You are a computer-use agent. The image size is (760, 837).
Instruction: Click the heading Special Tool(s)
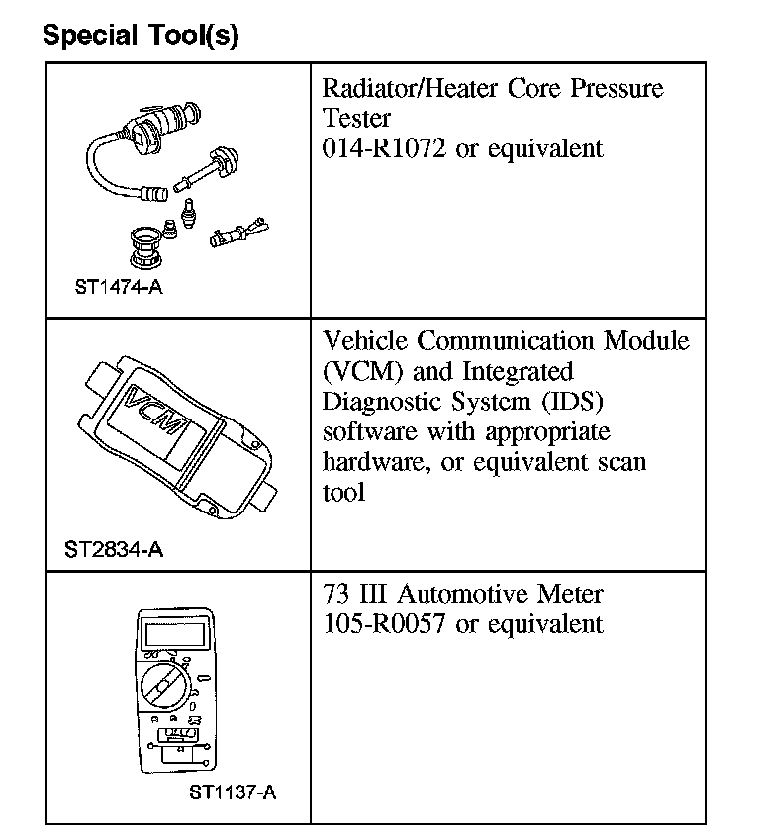click(x=140, y=37)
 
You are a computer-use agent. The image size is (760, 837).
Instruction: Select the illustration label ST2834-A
click(x=114, y=550)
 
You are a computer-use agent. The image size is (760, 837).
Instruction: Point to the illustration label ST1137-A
click(x=233, y=791)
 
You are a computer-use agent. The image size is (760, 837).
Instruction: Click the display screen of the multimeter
click(x=177, y=630)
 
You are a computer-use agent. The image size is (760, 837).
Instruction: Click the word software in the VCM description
click(x=370, y=432)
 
